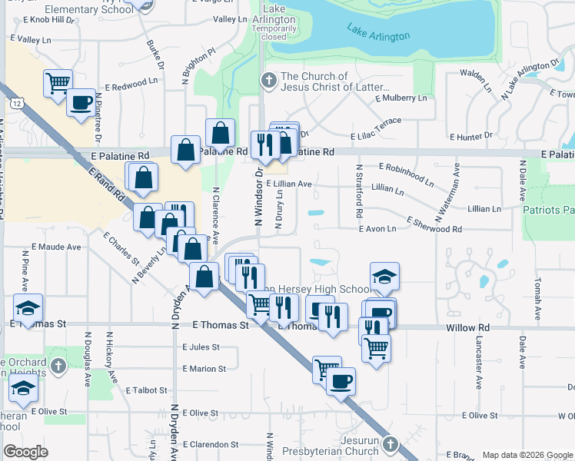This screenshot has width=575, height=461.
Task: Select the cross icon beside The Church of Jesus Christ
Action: click(x=268, y=80)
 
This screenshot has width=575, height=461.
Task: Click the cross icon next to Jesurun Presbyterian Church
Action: click(x=391, y=444)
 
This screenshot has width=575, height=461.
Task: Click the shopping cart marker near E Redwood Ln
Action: click(x=58, y=82)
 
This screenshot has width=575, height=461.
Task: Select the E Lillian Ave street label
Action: click(x=289, y=184)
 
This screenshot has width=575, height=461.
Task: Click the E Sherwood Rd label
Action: click(x=430, y=229)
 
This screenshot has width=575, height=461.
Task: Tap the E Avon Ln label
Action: click(x=377, y=229)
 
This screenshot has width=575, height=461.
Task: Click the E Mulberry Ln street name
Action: click(x=401, y=98)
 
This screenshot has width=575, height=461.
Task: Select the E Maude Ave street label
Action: click(x=55, y=247)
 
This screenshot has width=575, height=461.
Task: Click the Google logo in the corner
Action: click(x=25, y=452)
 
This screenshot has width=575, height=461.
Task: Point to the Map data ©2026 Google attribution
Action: click(x=527, y=455)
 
